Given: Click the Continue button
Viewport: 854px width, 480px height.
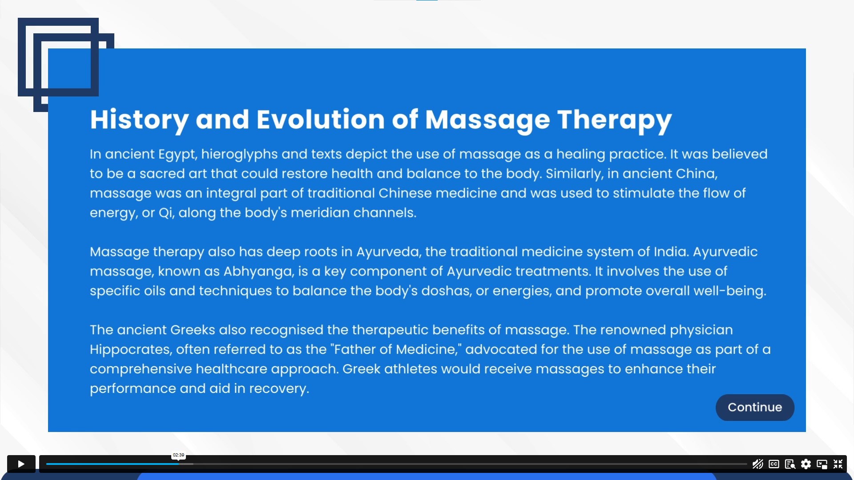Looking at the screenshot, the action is point(755,408).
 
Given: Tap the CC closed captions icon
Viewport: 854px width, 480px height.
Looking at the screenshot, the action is point(774,464).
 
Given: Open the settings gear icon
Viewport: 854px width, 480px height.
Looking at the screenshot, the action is point(806,464).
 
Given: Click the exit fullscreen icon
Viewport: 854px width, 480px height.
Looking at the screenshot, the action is point(838,464).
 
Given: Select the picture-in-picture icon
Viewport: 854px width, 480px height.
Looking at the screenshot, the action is point(822,464).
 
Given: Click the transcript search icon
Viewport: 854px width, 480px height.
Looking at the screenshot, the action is point(790,464).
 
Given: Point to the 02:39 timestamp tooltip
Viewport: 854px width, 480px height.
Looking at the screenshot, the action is point(178,455).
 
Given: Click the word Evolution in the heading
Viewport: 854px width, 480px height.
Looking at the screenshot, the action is point(321,120).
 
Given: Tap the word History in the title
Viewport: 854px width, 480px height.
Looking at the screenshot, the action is point(139,120).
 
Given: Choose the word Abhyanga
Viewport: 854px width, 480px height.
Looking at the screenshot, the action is point(259,272).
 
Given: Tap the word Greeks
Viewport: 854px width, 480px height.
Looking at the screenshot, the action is point(193,330).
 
